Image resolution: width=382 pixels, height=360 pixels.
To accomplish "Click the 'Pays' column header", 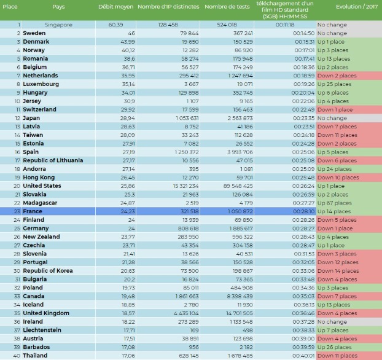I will point(58,7).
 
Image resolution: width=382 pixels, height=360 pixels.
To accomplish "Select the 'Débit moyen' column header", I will point(115,7).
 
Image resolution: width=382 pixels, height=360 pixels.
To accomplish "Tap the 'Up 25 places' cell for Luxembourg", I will point(335,84).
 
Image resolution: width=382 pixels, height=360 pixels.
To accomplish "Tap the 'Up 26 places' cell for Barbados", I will point(335,347).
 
